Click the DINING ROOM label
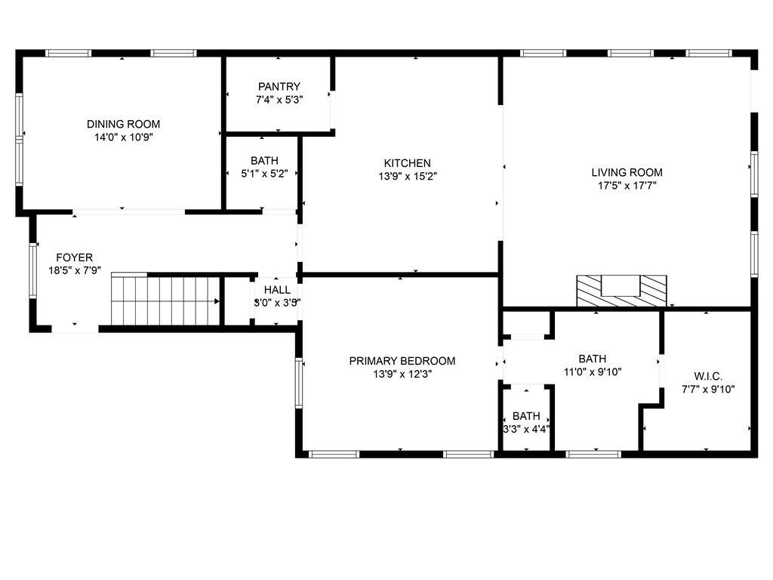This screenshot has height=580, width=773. point(123,125)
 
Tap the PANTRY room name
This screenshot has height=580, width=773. point(279,87)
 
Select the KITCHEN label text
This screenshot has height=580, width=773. point(407,163)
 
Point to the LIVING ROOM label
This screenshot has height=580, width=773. point(627,173)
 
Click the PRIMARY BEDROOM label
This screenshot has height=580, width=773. point(402,361)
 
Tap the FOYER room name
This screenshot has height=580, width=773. point(75,258)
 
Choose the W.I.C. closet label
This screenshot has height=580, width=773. point(708,377)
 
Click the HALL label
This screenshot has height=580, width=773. point(277,290)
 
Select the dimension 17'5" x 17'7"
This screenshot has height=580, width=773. point(627,186)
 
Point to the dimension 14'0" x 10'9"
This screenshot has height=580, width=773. point(124,137)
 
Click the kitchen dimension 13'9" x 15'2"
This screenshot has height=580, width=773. point(408,177)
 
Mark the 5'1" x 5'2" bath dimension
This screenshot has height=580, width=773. point(264,174)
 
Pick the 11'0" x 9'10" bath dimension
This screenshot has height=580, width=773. point(593,372)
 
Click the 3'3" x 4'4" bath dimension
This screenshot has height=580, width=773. point(526,430)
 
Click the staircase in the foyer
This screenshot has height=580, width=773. point(165,300)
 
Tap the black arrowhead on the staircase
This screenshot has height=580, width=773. point(217,301)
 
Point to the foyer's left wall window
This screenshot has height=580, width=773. point(33,270)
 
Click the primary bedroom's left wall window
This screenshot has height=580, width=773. point(299,383)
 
